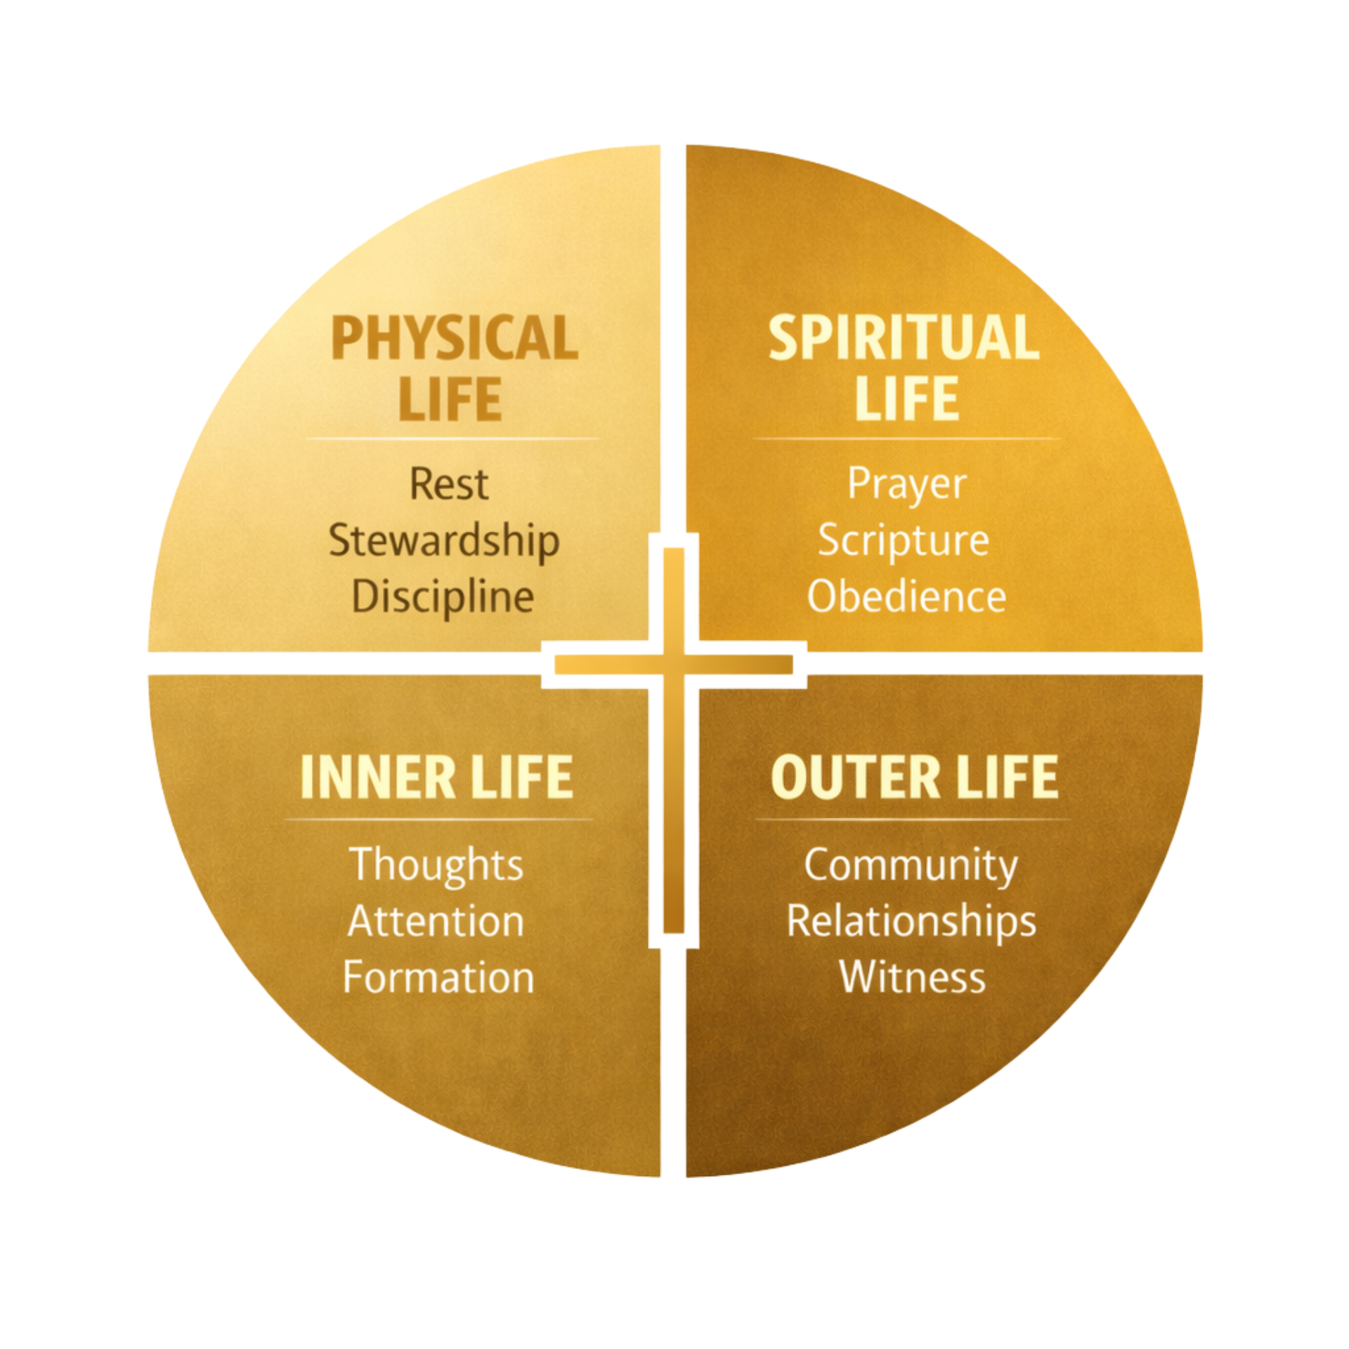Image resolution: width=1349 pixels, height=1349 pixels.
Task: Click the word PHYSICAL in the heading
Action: [x=455, y=339]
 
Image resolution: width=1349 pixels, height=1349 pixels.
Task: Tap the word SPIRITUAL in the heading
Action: [x=904, y=339]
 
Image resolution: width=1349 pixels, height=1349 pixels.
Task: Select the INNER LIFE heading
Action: [x=436, y=777]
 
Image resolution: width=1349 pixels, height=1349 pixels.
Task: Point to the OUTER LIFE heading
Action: [x=914, y=777]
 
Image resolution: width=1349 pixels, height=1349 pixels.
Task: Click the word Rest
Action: [x=448, y=484]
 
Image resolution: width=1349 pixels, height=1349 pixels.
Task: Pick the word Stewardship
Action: [x=444, y=542]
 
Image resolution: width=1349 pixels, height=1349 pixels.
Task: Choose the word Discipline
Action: [x=443, y=598]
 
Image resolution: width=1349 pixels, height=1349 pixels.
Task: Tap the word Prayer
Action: [x=907, y=484]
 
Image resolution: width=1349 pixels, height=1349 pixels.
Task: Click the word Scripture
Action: [x=904, y=542]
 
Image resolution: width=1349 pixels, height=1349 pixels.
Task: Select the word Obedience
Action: [x=906, y=597]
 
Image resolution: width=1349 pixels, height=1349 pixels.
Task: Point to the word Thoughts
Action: [x=436, y=865]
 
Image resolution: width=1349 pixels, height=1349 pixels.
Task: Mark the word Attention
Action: [x=436, y=921]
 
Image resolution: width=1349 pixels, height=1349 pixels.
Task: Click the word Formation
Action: [x=438, y=977]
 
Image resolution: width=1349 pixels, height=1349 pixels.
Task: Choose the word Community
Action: [x=911, y=865]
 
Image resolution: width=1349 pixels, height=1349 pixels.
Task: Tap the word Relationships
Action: [x=911, y=921]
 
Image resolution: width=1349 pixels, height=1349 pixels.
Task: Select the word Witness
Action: [x=912, y=977]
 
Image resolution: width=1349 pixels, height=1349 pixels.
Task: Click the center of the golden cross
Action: [x=674, y=664]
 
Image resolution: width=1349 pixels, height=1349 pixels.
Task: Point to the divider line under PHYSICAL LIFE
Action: [x=453, y=439]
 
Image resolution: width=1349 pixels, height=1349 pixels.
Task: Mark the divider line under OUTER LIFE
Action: [x=913, y=819]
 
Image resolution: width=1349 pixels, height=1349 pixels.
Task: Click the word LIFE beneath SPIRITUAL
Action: [x=906, y=399]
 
